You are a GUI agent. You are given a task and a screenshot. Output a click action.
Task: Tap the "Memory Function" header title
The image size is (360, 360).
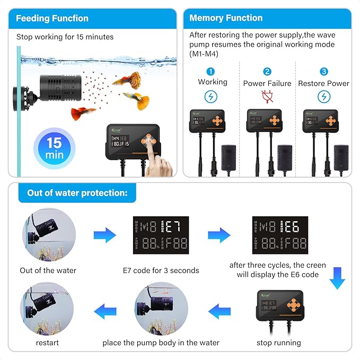click(226, 17)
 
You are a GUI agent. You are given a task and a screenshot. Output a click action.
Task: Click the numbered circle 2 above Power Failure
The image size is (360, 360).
click(267, 72)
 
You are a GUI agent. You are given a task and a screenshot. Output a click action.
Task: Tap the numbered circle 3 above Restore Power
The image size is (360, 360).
click(323, 72)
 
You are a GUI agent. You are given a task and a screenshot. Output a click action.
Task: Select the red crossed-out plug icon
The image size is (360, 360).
click(267, 96)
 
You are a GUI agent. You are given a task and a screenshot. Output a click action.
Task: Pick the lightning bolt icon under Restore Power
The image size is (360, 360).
click(323, 96)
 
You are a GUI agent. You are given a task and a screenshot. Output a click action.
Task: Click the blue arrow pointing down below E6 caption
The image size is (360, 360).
click(337, 278)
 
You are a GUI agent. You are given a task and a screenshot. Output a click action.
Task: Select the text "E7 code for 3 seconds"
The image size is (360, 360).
click(161, 270)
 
